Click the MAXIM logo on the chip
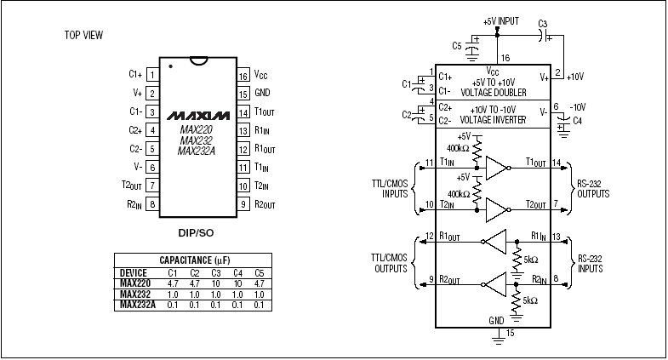coord(198,114)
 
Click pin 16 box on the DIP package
coord(243,75)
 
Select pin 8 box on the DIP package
coord(151,204)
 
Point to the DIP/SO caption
coord(197,231)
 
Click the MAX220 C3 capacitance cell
coord(216,283)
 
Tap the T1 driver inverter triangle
coord(495,168)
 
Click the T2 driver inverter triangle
coord(495,205)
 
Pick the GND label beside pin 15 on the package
coord(262,94)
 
